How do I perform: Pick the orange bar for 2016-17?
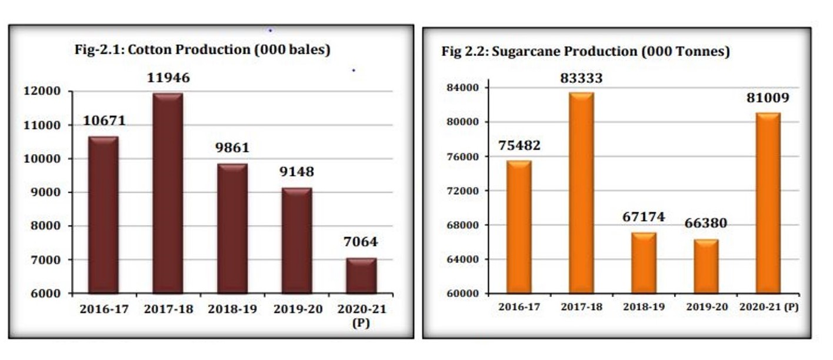tap(519, 226)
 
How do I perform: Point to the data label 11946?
tap(169, 78)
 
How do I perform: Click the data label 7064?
tap(361, 242)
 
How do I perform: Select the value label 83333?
tap(581, 78)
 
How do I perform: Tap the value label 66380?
tap(706, 224)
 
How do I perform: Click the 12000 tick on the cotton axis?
tap(42, 91)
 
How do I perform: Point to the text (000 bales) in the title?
tap(292, 50)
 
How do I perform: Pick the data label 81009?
tap(768, 98)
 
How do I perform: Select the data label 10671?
tap(104, 121)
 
